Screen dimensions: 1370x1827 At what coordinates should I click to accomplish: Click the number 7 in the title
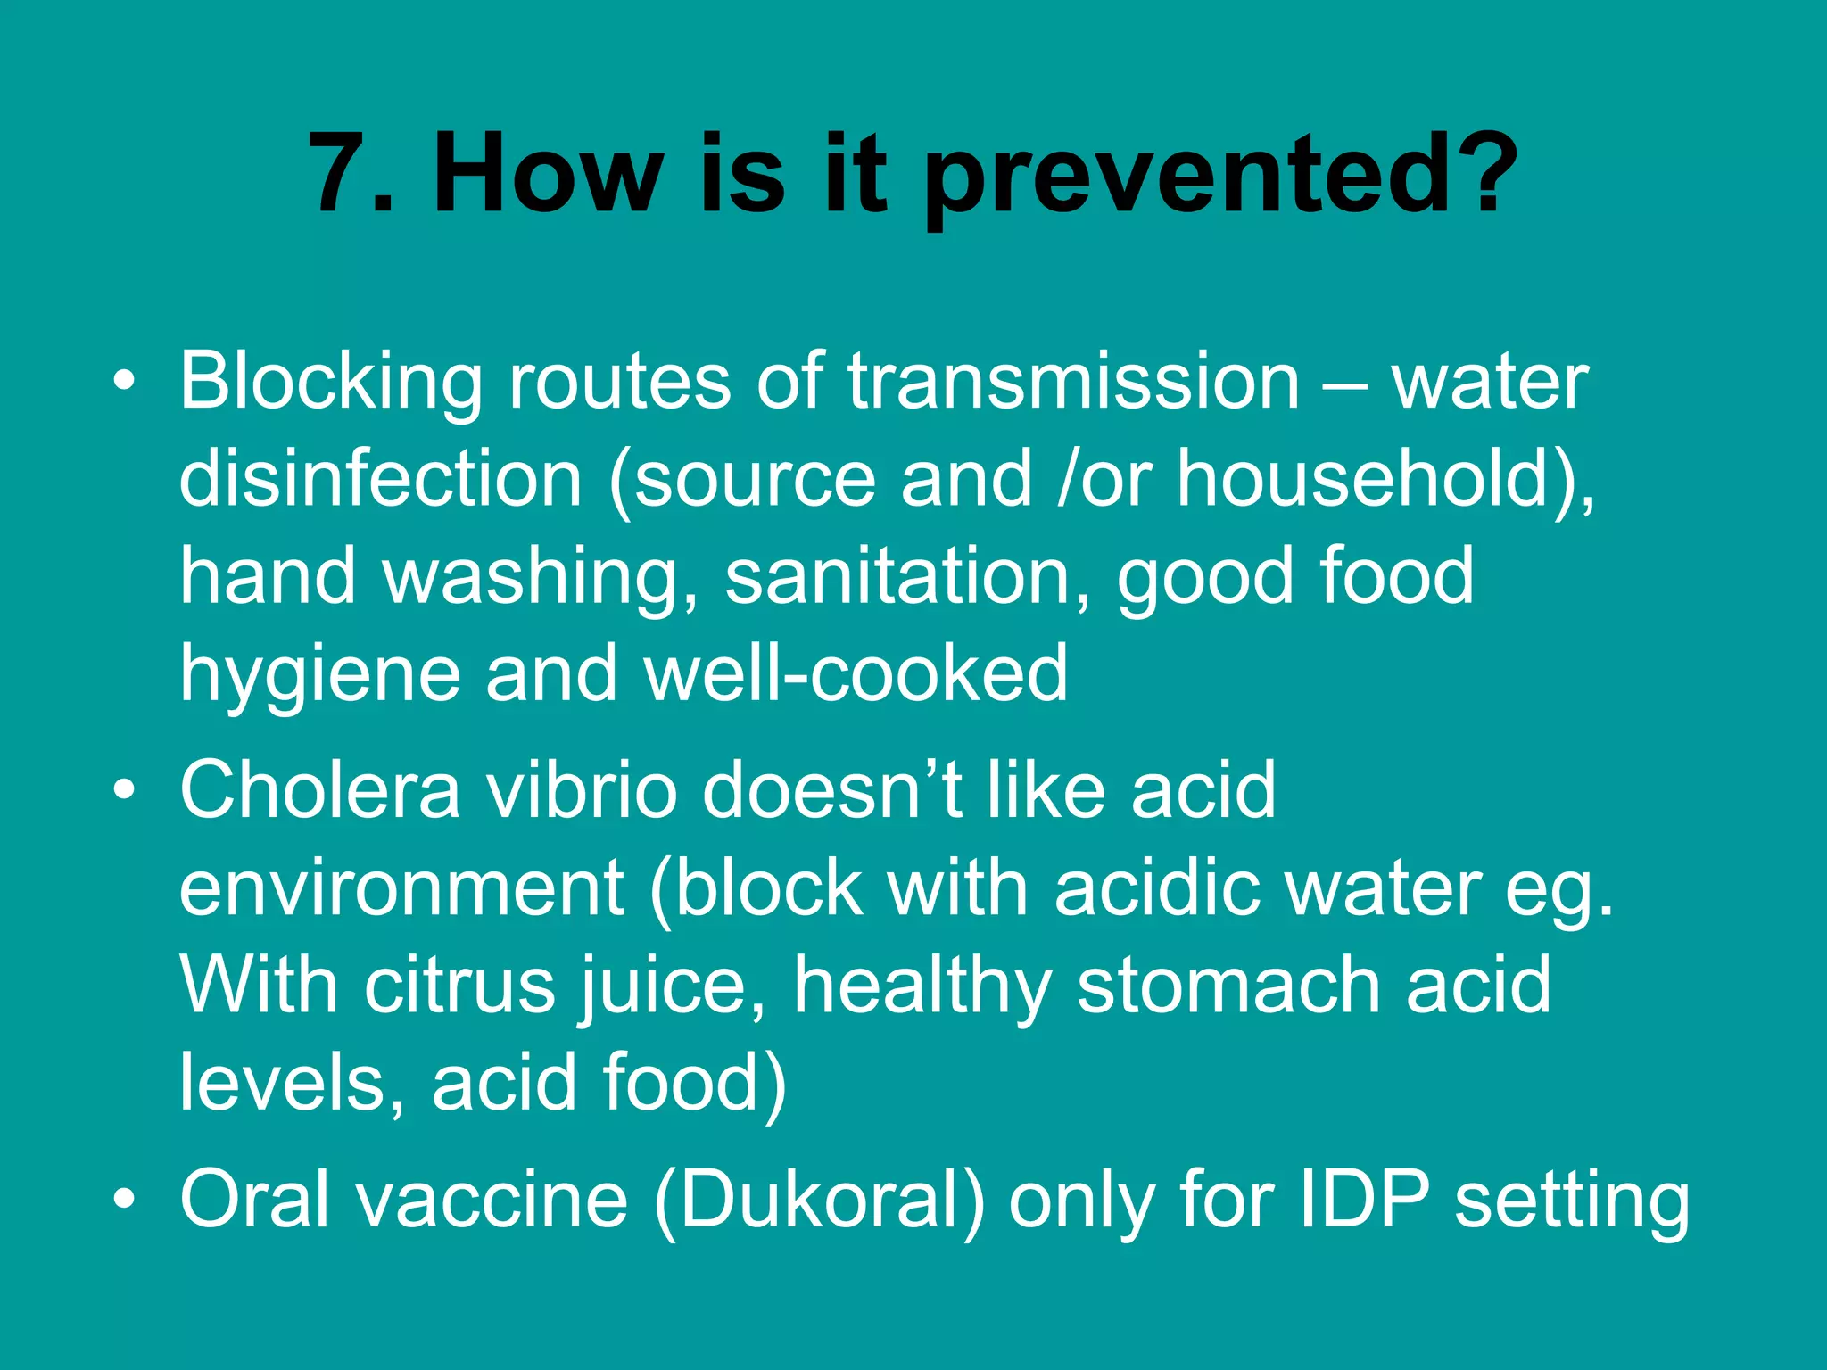tap(339, 174)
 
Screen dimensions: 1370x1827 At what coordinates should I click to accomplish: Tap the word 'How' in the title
tap(548, 174)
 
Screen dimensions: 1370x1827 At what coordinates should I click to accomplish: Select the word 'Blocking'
tap(330, 382)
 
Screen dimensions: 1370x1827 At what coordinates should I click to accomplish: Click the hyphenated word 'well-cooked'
tap(856, 673)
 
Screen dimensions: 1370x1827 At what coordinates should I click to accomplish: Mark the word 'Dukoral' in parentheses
tap(820, 1200)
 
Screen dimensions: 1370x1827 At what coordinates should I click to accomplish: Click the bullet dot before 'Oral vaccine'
tap(125, 1200)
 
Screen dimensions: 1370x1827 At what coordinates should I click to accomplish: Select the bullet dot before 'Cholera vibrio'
tap(125, 790)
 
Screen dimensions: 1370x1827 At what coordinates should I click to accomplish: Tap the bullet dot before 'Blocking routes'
tap(125, 382)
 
